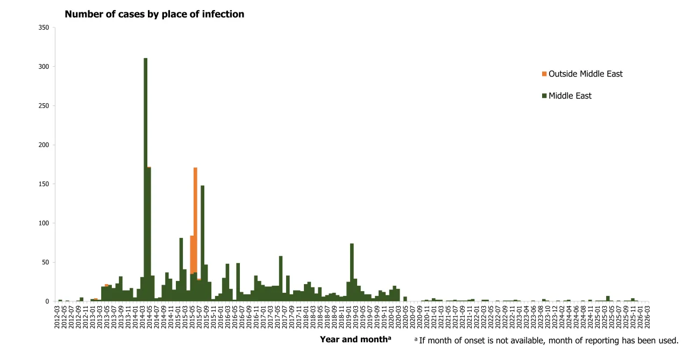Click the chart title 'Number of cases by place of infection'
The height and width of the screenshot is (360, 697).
point(154,15)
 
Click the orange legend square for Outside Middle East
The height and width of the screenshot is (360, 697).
point(544,74)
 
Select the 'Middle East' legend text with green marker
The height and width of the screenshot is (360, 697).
point(570,96)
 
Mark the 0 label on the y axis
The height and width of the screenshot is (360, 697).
point(47,301)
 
